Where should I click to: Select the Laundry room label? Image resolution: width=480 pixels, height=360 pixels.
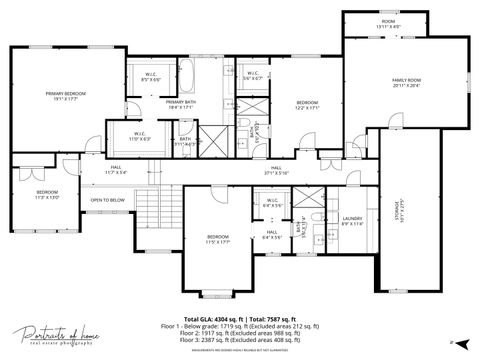coord(352,220)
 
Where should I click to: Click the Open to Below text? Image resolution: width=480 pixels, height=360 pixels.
coord(108,200)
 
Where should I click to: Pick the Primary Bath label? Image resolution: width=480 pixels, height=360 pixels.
coord(181,104)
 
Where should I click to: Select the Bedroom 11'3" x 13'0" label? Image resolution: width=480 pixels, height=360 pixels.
coord(48,194)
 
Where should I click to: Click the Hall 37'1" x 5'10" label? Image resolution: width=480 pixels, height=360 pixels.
coord(276,170)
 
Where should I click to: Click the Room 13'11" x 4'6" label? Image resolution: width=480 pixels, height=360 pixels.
coord(387,24)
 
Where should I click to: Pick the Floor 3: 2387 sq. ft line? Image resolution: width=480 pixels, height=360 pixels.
coord(240,340)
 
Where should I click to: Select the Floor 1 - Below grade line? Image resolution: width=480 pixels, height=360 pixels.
coord(240,326)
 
